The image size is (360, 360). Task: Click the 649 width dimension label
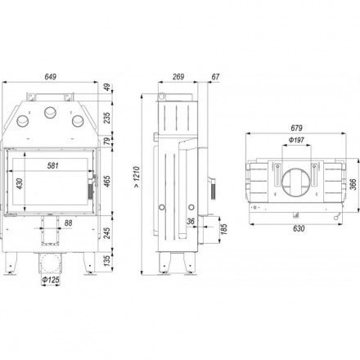(x=50, y=77)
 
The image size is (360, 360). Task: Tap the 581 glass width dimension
(x=52, y=165)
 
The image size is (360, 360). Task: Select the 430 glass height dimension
(x=20, y=183)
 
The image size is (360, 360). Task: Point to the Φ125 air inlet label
(x=51, y=280)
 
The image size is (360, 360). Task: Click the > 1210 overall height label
(x=137, y=178)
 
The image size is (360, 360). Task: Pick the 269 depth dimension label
(x=178, y=77)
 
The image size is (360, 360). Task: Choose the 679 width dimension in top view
(x=296, y=128)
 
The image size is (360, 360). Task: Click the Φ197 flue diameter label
(x=296, y=140)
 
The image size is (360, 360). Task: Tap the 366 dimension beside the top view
(x=353, y=184)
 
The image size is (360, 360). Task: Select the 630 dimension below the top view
(x=299, y=228)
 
